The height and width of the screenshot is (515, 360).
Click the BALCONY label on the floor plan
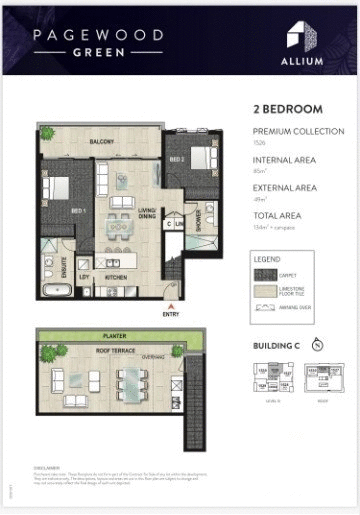point(101,141)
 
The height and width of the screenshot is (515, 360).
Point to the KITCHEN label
point(116,276)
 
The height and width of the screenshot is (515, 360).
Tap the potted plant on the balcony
point(47,131)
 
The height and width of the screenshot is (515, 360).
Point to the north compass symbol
point(319,345)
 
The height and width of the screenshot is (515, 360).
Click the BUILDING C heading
point(275,345)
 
